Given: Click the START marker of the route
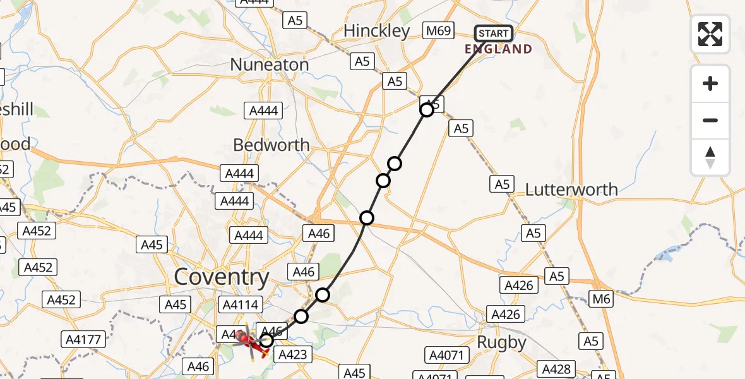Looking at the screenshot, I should point(493,33).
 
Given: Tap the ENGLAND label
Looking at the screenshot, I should point(498,49).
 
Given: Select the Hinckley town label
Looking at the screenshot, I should point(376,31).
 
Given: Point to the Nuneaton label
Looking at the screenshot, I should point(269,64).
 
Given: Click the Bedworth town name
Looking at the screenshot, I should point(271,145).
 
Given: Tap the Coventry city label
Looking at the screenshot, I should point(221,277).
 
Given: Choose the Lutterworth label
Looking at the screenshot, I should point(571,189).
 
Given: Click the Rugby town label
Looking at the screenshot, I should point(502,342).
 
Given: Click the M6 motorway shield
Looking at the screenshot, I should point(602,299).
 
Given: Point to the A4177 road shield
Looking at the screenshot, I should point(83,340).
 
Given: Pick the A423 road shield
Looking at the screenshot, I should point(292,354).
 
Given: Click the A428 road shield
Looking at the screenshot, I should point(556,369).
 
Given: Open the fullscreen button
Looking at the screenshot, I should point(710,33).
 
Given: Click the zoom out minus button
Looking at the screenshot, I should point(710,120).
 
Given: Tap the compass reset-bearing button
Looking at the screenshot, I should point(710,157).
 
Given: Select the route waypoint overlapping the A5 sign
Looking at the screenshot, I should point(427,110).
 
